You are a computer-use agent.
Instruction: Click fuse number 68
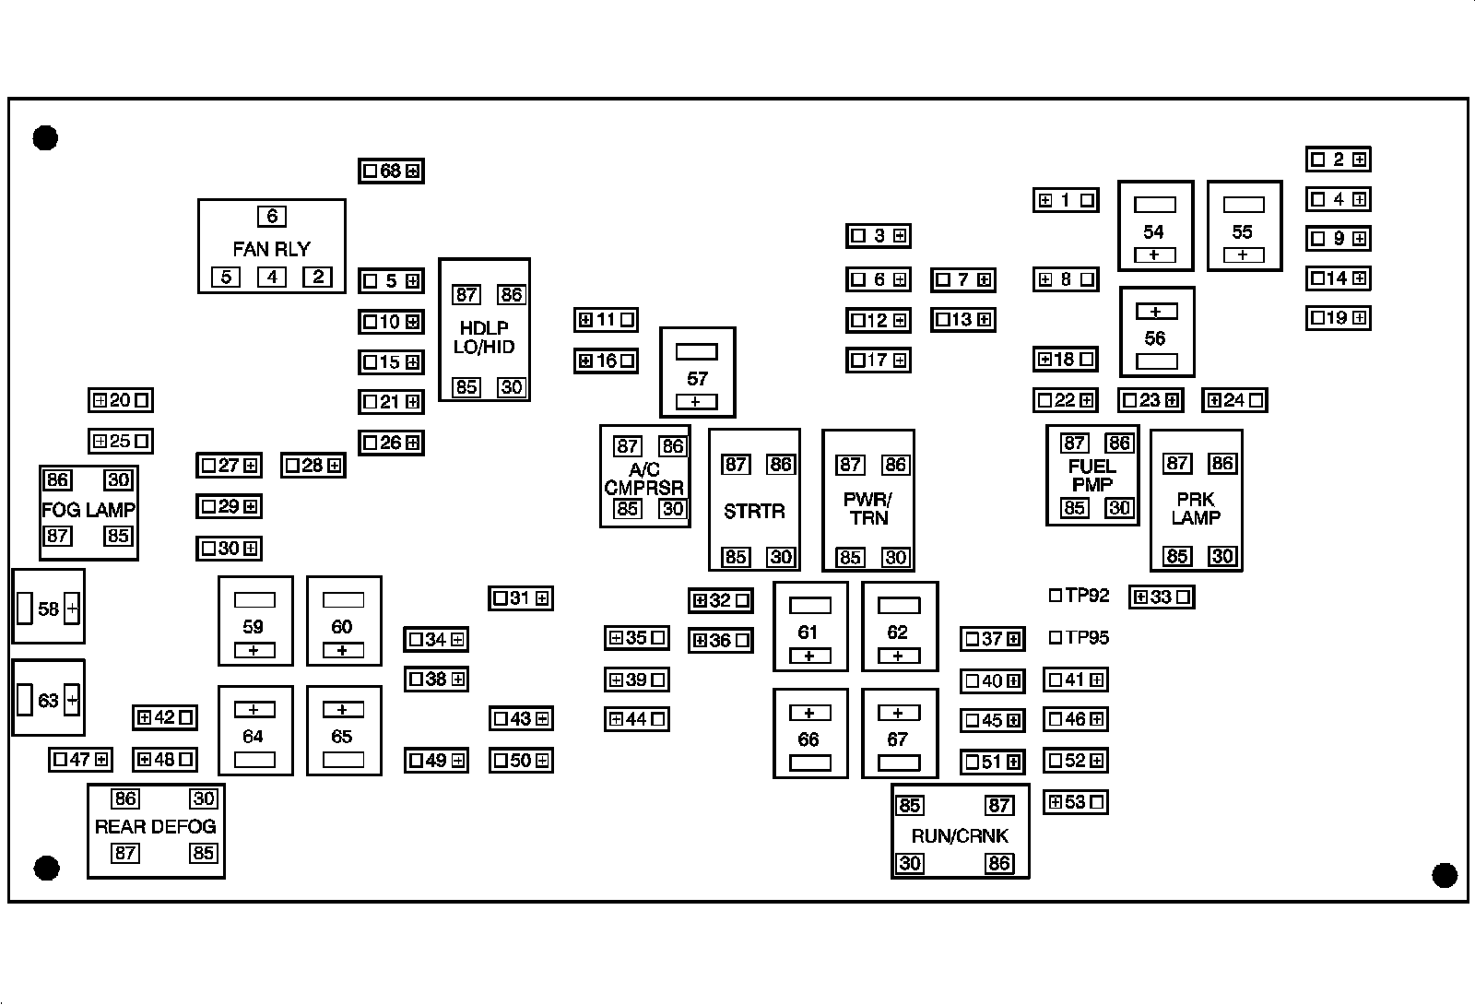[x=391, y=171]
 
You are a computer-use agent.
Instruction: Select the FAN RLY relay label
[x=271, y=249]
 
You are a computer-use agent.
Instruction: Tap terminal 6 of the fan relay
[x=271, y=217]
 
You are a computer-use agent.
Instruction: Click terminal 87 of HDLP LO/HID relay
[x=466, y=294]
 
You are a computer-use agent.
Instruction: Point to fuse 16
[x=606, y=361]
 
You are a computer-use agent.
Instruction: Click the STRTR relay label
[x=754, y=511]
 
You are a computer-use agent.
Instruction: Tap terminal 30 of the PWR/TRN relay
[x=895, y=557]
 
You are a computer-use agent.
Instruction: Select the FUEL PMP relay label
[x=1092, y=475]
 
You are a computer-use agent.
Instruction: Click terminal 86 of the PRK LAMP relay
[x=1222, y=463]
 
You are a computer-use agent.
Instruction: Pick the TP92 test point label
[x=1087, y=596]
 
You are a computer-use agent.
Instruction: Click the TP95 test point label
[x=1087, y=637]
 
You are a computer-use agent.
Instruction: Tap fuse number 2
[x=1338, y=160]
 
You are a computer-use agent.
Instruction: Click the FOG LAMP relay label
[x=88, y=510]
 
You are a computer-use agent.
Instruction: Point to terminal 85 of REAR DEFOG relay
[x=203, y=853]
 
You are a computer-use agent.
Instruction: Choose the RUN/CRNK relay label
[x=960, y=836]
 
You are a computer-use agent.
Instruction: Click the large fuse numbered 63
[x=48, y=700]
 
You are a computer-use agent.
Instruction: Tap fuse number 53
[x=1075, y=802]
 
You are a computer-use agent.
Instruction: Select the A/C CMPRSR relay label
[x=644, y=479]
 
